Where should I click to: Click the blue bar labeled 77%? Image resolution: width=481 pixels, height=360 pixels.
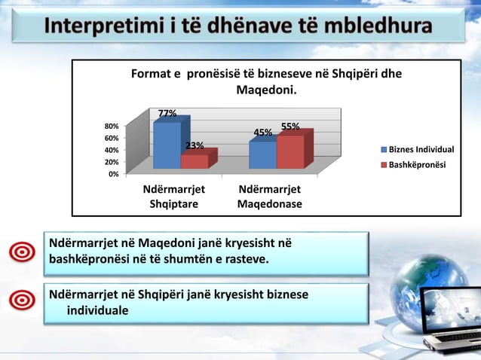point(167,145)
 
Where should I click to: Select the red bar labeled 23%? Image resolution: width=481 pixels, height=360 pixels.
point(195,161)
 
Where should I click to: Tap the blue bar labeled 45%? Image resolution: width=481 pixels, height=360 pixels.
point(262,154)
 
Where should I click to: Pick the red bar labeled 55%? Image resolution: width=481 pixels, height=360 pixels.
point(290,152)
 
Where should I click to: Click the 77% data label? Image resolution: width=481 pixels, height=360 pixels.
point(167,114)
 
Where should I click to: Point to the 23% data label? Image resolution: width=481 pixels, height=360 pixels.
point(195,145)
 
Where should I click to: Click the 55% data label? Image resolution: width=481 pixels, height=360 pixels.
point(290,127)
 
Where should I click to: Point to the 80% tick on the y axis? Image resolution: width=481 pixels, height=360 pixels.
point(111,127)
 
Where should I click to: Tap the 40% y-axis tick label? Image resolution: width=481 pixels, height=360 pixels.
point(111,151)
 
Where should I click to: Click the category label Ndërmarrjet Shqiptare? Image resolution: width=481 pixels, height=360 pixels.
point(174,197)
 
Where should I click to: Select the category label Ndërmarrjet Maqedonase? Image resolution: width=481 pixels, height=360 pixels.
point(270,197)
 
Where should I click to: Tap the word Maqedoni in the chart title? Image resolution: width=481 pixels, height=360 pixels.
point(266,91)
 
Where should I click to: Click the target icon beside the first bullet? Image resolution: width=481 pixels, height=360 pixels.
point(23,252)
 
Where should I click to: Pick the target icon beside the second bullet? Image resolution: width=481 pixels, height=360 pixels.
point(23,300)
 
